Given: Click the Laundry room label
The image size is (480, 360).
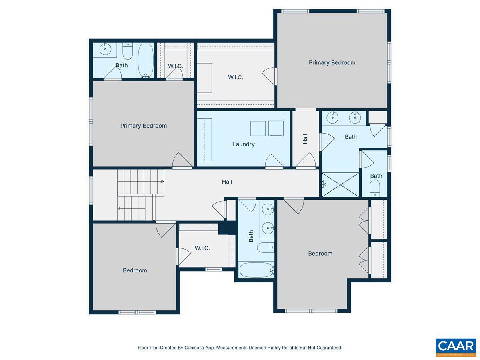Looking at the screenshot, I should click(244, 144).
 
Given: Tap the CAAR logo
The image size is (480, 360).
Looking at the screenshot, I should click(456, 347).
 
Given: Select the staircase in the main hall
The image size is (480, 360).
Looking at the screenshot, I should click(136, 195).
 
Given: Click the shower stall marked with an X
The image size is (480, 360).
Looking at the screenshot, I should click(340, 185).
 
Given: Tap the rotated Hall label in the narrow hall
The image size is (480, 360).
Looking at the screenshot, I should click(305, 139).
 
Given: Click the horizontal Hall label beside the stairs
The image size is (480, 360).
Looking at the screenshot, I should click(227, 182).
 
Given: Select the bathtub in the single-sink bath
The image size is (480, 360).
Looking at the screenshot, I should click(146, 60).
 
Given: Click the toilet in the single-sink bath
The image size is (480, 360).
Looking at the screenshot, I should click(128, 51).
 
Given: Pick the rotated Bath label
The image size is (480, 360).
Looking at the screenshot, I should click(251, 236).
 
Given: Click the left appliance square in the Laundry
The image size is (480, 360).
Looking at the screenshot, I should click(258, 128).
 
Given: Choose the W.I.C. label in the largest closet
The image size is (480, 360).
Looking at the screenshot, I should click(236, 77).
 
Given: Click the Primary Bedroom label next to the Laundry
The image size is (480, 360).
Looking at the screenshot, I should click(143, 126).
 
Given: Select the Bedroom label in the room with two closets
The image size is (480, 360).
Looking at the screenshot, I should click(320, 253).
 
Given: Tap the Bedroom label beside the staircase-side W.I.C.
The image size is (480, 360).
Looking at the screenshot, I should click(135, 270).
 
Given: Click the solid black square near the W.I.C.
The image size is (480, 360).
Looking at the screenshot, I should click(227, 228).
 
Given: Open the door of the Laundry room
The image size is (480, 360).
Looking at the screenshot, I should click(274, 162).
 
